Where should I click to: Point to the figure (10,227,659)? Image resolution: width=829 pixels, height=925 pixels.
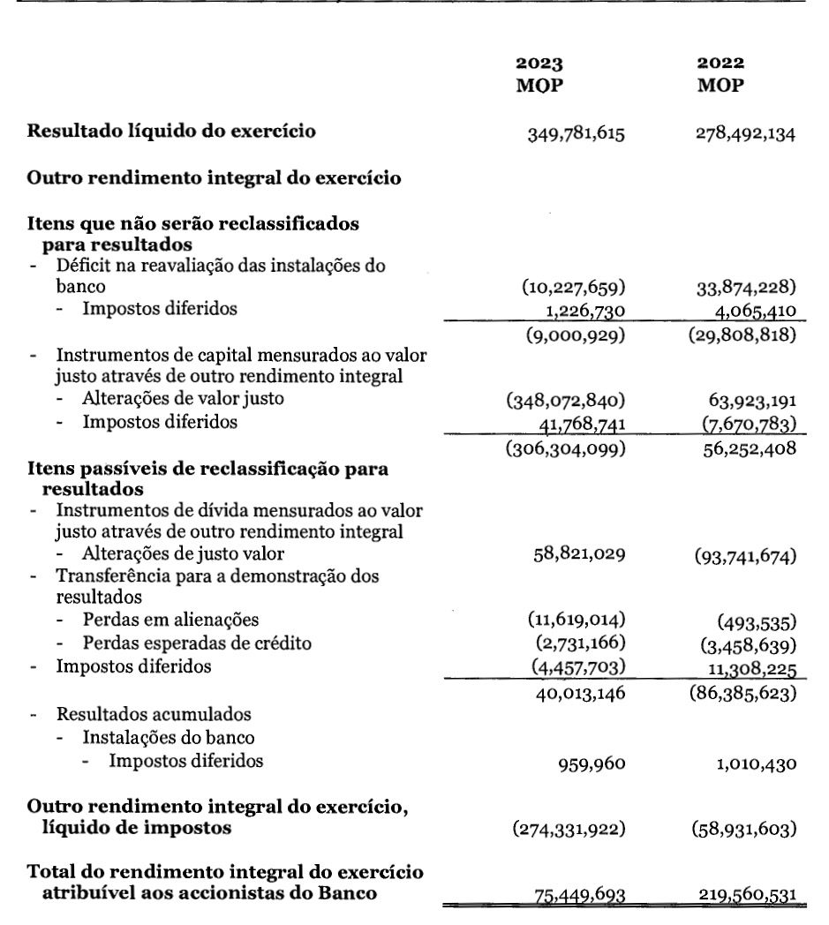(x=574, y=287)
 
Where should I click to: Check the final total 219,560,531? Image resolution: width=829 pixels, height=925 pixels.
(x=748, y=896)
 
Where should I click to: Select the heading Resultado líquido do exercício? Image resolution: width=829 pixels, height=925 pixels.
(x=173, y=132)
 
